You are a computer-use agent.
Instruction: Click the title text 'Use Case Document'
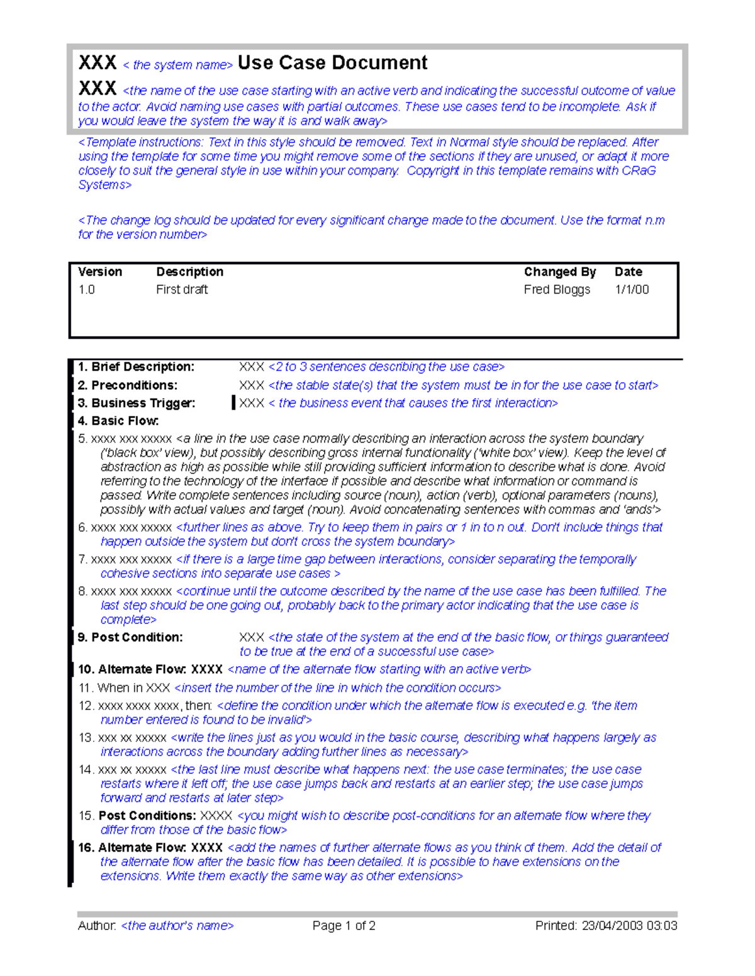click(x=332, y=63)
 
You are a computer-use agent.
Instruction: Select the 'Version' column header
click(x=100, y=271)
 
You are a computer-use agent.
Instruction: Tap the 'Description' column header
click(x=189, y=271)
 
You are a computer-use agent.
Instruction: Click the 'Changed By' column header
click(x=559, y=271)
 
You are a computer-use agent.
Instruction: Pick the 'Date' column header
click(x=628, y=271)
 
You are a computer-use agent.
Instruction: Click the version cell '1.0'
click(x=86, y=290)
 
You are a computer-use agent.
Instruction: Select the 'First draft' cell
click(x=182, y=290)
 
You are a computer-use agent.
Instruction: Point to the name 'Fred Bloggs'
click(x=557, y=290)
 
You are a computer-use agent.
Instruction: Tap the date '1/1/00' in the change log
click(x=632, y=290)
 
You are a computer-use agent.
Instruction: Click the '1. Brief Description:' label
click(x=136, y=367)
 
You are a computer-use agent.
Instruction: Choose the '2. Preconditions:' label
click(x=128, y=385)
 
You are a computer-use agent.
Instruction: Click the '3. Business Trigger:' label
click(x=137, y=403)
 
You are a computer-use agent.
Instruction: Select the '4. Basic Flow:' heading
click(x=118, y=421)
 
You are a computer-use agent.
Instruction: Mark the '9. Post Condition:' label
click(x=130, y=637)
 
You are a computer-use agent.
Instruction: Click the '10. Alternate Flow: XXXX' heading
click(x=150, y=669)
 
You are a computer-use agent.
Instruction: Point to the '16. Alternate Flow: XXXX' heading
click(x=150, y=848)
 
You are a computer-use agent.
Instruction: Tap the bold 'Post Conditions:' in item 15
click(x=147, y=816)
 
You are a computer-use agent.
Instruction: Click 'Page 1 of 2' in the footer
click(x=344, y=926)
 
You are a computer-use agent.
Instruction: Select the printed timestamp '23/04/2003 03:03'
click(x=629, y=926)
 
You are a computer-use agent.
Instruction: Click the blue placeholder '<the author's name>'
click(x=177, y=926)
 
